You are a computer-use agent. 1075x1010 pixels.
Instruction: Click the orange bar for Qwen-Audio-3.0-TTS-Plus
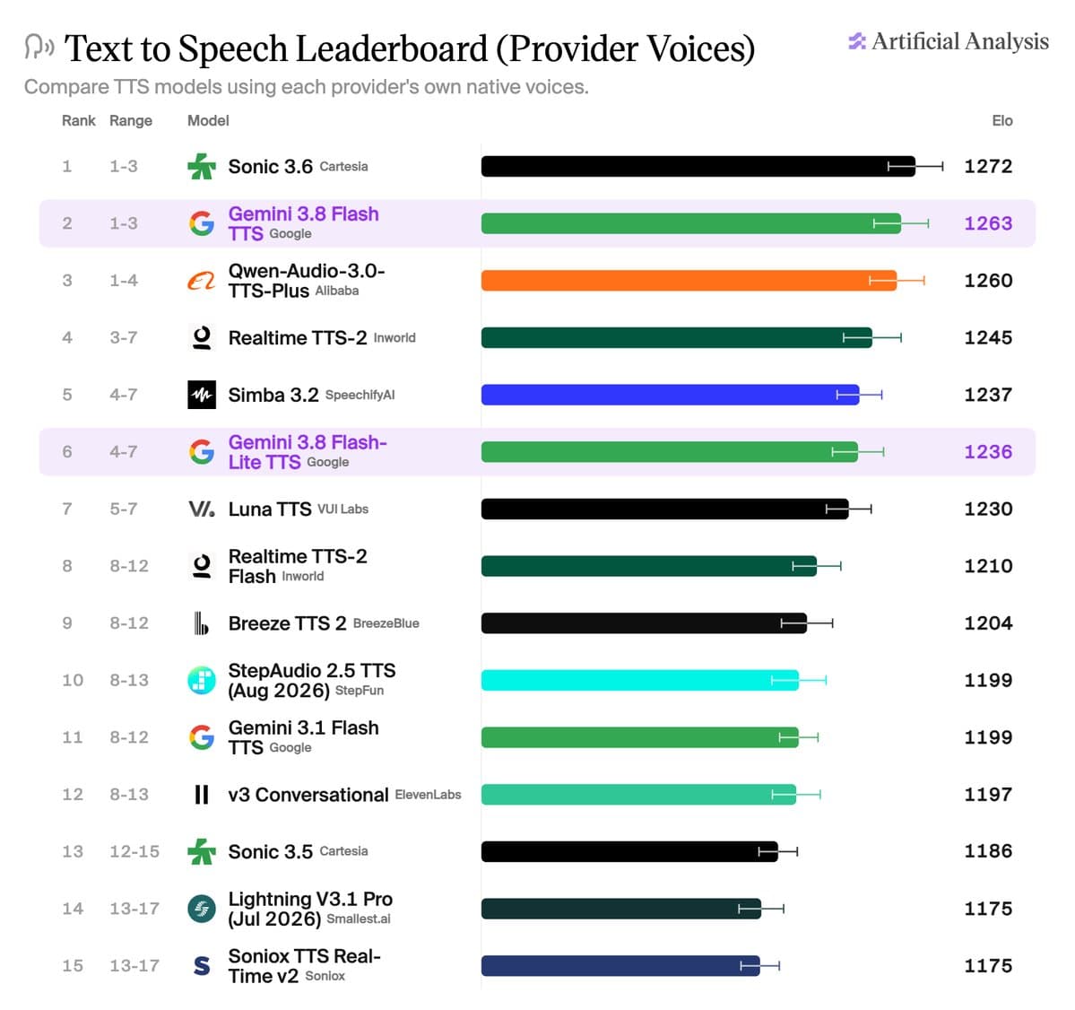(x=689, y=281)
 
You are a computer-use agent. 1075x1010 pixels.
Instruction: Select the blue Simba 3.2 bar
(x=671, y=395)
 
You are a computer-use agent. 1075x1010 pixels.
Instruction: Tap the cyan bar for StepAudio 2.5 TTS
(x=640, y=680)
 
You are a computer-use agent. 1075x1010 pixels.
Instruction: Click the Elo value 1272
(x=988, y=167)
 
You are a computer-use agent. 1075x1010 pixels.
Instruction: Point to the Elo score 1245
(x=988, y=337)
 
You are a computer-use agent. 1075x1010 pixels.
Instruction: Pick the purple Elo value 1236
(x=988, y=452)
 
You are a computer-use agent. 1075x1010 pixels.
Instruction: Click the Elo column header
(x=1002, y=121)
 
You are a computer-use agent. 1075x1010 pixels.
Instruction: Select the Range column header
(x=131, y=121)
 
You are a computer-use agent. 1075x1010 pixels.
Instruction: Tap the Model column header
(x=208, y=121)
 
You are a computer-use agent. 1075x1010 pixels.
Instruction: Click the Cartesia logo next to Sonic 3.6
(x=202, y=167)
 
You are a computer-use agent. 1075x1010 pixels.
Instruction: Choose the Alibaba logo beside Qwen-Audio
(x=202, y=281)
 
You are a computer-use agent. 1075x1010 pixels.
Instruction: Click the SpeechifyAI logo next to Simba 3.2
(x=202, y=395)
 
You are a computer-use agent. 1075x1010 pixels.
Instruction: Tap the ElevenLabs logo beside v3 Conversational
(x=202, y=795)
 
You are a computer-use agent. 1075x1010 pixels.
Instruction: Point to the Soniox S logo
(x=202, y=966)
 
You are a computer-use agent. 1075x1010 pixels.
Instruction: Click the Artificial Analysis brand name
(x=960, y=42)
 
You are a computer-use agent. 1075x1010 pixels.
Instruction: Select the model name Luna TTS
(x=270, y=509)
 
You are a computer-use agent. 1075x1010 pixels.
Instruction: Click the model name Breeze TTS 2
(x=287, y=623)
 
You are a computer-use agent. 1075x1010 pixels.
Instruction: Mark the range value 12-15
(x=134, y=851)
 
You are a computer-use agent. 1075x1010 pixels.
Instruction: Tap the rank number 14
(x=73, y=910)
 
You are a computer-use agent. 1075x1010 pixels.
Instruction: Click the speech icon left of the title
(x=39, y=47)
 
